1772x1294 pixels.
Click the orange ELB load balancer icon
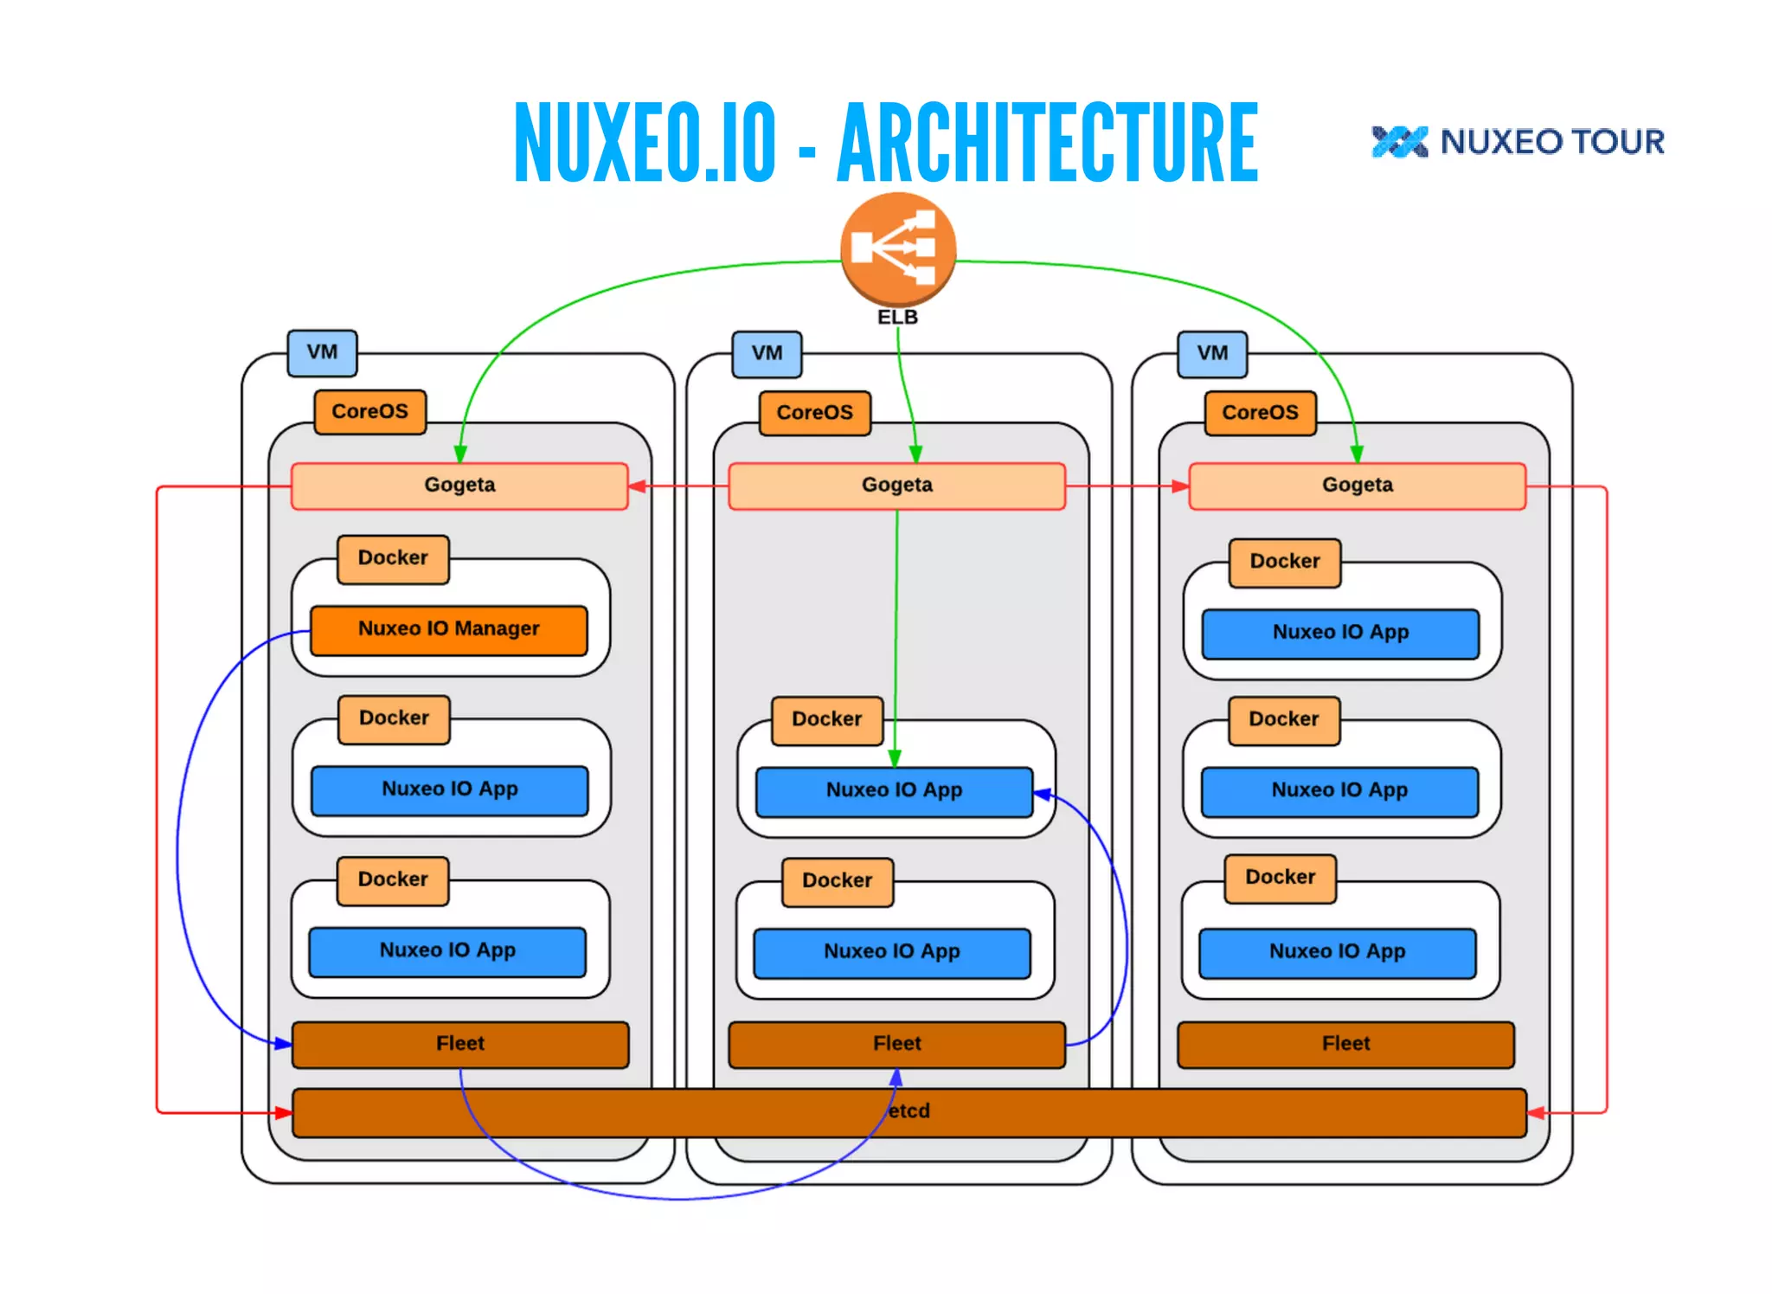coord(898,249)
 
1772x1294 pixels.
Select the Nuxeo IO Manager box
coord(448,629)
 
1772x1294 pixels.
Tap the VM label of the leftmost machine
coord(322,353)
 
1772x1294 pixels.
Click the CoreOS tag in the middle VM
coord(814,413)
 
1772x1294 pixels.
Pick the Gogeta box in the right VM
coord(1357,486)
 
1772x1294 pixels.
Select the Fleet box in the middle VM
coord(896,1044)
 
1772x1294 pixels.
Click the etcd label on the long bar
coord(908,1111)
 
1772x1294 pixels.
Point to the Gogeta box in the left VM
coord(459,486)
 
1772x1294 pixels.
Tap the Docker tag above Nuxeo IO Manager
coord(393,558)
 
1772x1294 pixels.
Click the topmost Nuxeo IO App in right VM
coord(1340,633)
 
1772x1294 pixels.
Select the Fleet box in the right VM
coord(1345,1044)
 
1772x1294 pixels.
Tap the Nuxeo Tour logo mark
coord(1399,142)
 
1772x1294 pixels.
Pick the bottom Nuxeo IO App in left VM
coord(447,951)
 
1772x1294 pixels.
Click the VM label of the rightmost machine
coord(1212,354)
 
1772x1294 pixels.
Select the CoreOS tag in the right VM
coord(1260,413)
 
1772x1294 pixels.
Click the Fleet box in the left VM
coord(459,1044)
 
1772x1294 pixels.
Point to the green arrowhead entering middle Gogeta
coord(915,454)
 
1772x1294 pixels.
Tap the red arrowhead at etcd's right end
coord(1536,1112)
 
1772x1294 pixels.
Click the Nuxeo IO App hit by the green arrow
coord(894,791)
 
